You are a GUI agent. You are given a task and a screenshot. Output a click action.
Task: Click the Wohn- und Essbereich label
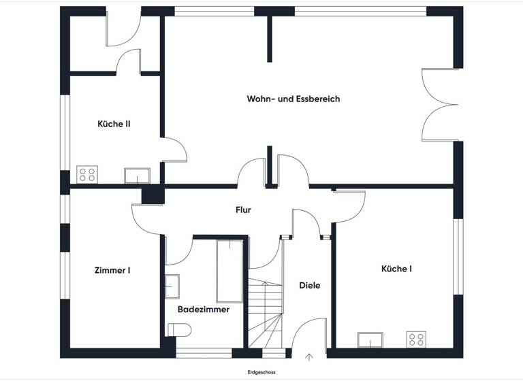(293, 99)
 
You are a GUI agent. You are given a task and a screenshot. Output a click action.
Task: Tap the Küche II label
(114, 125)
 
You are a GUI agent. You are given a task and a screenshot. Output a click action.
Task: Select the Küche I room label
(396, 269)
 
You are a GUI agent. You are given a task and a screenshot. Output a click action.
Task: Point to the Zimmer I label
(112, 270)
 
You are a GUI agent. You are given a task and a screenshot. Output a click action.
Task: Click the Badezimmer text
(204, 310)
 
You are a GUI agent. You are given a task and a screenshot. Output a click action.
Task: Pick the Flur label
(243, 210)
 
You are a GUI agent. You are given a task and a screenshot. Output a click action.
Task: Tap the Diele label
(309, 286)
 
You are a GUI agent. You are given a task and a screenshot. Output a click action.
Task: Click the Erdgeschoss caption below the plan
(261, 373)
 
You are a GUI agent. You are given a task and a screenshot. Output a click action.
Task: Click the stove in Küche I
(415, 339)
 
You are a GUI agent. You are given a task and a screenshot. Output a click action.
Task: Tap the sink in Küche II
(137, 176)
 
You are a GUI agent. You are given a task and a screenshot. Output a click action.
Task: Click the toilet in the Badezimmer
(180, 330)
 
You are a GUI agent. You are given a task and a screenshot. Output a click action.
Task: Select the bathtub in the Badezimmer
(229, 271)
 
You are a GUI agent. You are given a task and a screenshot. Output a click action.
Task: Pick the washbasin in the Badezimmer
(172, 286)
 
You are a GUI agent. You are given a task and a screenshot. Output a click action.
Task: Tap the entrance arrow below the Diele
(310, 356)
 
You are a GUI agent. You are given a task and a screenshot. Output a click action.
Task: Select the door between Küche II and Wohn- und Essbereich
(173, 150)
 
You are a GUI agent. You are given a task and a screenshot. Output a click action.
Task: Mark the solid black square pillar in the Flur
(153, 195)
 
